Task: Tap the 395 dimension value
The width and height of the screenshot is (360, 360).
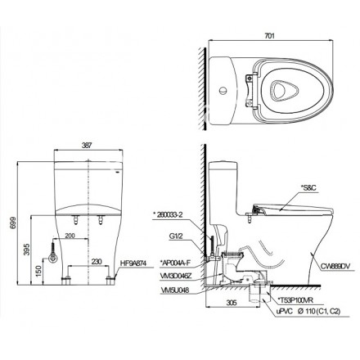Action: click(27, 246)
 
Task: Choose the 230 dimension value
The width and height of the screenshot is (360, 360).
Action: click(96, 262)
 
